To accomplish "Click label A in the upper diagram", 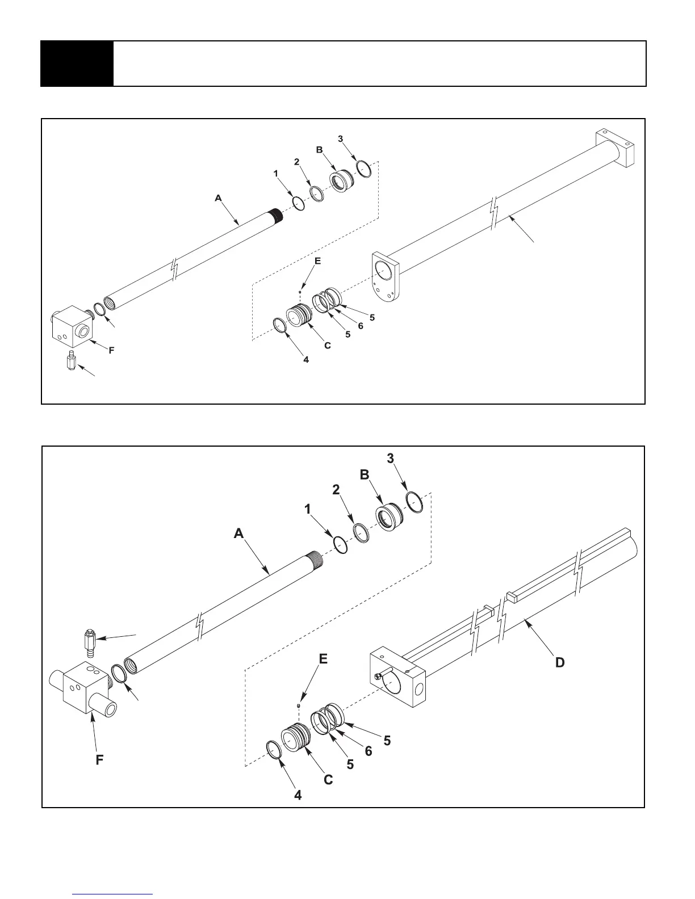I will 218,198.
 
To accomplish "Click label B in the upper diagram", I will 319,150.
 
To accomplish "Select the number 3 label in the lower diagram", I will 391,459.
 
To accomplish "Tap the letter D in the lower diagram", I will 560,662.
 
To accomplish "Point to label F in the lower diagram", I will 99,759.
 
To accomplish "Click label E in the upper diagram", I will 317,262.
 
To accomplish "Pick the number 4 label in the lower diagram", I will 298,795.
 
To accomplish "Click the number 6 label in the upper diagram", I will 361,325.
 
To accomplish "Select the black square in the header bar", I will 77,64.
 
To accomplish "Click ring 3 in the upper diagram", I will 364,169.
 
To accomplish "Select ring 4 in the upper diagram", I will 279,325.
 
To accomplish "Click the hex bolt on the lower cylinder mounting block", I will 378,675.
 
